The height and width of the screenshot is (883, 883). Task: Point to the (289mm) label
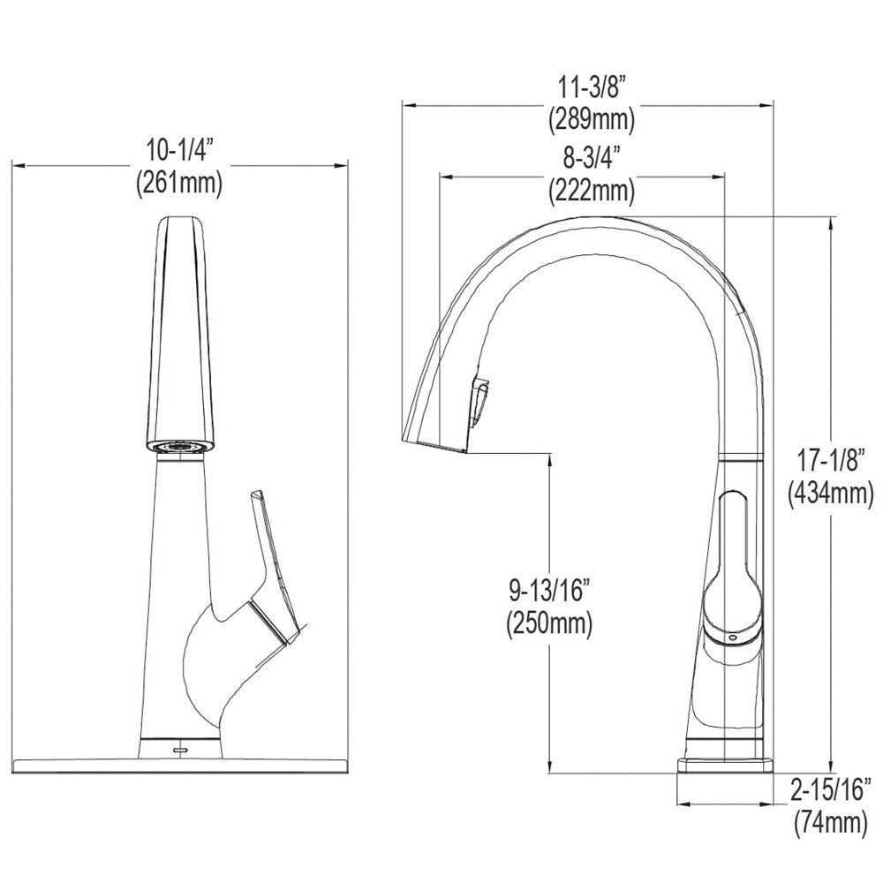tap(591, 117)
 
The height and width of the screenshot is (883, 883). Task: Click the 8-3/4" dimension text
tap(591, 159)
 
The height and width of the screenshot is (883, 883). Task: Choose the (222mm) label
tap(591, 189)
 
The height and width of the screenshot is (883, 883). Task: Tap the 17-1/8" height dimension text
tap(831, 461)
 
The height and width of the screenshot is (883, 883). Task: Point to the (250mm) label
tap(549, 623)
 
